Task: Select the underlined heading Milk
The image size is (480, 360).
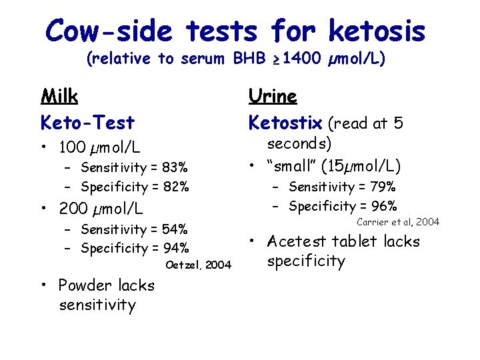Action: tap(59, 97)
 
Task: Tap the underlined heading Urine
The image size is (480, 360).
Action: tap(273, 97)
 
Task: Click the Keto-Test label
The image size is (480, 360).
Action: tap(87, 123)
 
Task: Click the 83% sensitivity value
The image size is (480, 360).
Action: tap(175, 167)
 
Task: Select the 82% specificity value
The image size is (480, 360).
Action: tap(176, 187)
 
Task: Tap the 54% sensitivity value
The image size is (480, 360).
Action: tap(175, 229)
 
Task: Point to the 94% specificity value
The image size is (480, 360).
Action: tap(176, 249)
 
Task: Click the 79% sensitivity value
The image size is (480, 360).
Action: tap(383, 187)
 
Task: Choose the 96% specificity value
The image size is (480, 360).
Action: tap(384, 206)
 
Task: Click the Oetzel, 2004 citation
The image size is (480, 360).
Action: tap(199, 265)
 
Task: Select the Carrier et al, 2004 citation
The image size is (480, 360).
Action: tap(398, 222)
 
